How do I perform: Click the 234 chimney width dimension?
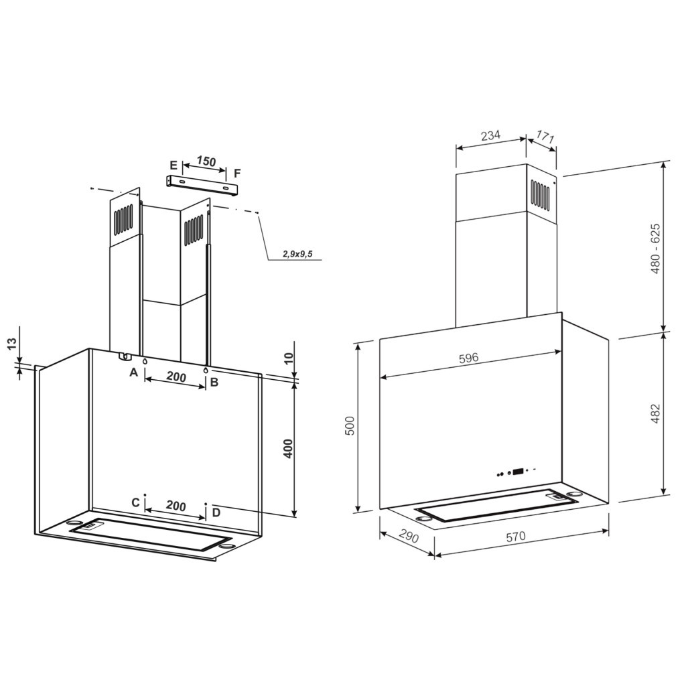click(x=490, y=135)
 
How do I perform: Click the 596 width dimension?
click(x=469, y=358)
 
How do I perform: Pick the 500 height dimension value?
click(x=350, y=425)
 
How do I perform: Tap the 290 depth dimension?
click(x=409, y=537)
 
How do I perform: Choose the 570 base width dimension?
click(x=516, y=537)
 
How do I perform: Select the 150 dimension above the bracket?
click(x=206, y=161)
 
